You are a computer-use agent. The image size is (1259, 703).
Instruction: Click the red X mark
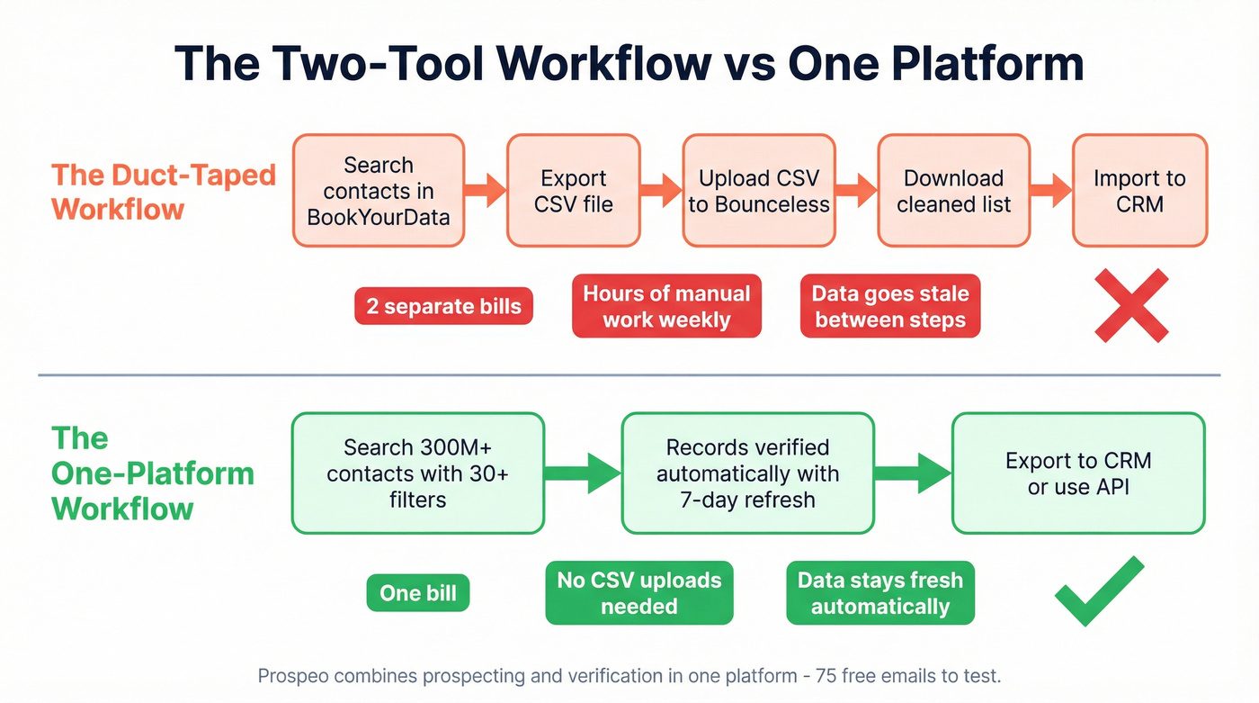tap(1131, 305)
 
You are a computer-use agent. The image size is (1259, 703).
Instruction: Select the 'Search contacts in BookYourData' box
tap(379, 191)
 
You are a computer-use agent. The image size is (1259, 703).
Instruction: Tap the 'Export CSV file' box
tap(574, 191)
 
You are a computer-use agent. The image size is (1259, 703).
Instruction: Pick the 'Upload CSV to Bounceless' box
tap(759, 191)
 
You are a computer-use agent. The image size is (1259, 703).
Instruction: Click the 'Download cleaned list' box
tap(953, 191)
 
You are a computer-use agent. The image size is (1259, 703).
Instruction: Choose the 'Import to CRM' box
tap(1139, 191)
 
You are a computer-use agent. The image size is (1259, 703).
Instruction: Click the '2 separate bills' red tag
tap(443, 306)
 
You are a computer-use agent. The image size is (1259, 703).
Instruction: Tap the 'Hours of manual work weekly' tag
tap(666, 306)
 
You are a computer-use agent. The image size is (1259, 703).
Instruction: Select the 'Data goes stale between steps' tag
tap(890, 306)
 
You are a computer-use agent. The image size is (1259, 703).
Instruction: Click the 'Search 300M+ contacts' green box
tap(418, 473)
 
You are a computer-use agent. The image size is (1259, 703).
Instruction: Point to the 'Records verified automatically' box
tap(747, 473)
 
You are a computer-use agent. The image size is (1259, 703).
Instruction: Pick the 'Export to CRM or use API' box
tap(1077, 473)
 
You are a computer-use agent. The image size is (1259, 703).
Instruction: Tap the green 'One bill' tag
tap(418, 593)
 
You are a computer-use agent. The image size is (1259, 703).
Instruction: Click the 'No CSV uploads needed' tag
tap(639, 593)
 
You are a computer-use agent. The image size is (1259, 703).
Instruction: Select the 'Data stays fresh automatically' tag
tap(880, 593)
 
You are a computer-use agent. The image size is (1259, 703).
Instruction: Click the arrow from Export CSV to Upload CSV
tap(661, 190)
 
